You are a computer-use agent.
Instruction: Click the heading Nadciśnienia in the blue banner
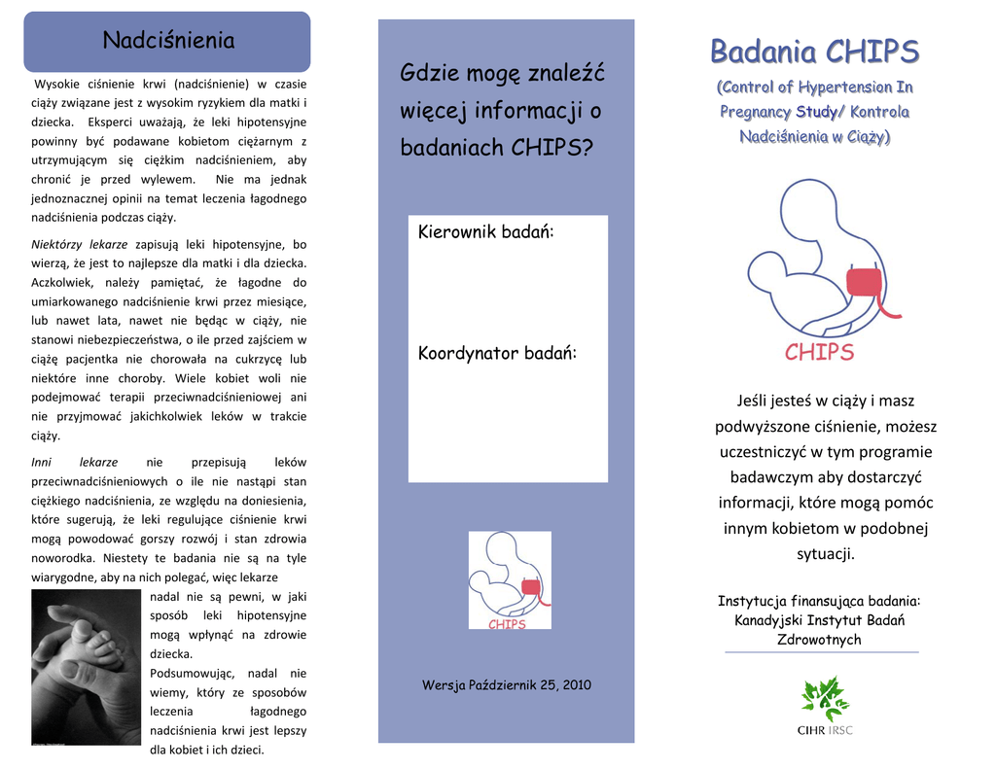(169, 41)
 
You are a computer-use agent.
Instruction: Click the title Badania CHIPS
(814, 51)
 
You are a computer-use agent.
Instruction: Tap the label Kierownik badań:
(485, 232)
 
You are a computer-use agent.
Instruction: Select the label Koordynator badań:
(497, 353)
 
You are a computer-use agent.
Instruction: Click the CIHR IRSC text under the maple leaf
(825, 730)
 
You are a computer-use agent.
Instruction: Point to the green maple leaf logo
(825, 699)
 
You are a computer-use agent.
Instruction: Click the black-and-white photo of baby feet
(86, 668)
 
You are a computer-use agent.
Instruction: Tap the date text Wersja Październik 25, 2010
(506, 685)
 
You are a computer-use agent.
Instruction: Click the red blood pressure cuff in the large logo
(864, 282)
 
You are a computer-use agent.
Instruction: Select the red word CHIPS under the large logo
(819, 353)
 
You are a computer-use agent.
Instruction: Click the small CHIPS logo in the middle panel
(510, 580)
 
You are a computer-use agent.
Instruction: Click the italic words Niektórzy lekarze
(80, 245)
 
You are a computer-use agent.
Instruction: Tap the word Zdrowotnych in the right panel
(818, 640)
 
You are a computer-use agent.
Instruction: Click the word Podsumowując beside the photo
(192, 673)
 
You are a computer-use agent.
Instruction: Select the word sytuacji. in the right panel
(826, 554)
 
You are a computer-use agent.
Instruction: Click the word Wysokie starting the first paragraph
(57, 84)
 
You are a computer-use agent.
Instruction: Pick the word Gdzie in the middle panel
(431, 73)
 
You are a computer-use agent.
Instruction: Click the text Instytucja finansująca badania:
(818, 601)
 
